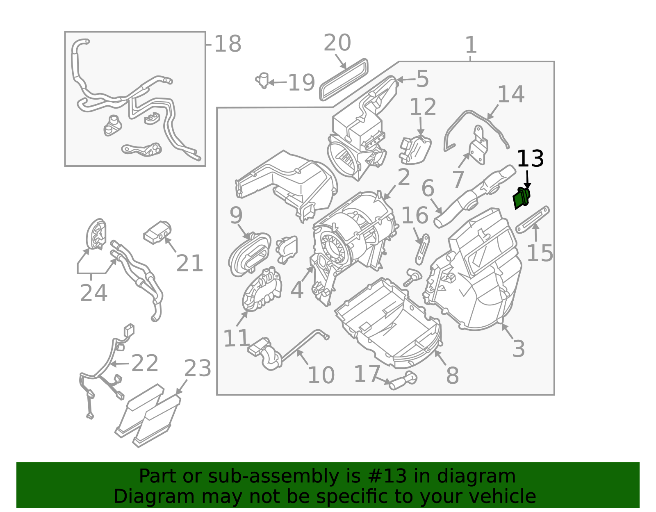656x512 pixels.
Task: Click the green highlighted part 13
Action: coord(522,198)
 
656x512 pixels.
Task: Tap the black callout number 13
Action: coord(531,159)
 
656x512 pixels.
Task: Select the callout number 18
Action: coord(228,44)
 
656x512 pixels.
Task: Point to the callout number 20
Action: coord(337,43)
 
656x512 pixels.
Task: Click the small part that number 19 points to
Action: coord(263,80)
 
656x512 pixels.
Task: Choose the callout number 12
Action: coord(423,107)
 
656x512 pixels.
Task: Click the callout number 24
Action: coord(93,293)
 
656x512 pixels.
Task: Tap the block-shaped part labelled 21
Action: coord(157,232)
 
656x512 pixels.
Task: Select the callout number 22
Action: coord(145,363)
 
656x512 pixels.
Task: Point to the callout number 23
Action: coord(198,369)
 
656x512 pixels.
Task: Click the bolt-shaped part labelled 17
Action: coord(403,381)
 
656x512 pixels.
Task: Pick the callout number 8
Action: coord(452,376)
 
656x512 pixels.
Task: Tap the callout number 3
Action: coord(519,349)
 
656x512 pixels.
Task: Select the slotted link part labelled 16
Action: coord(422,249)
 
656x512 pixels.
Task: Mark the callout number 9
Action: coord(236,216)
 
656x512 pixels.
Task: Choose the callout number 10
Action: coord(321,375)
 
